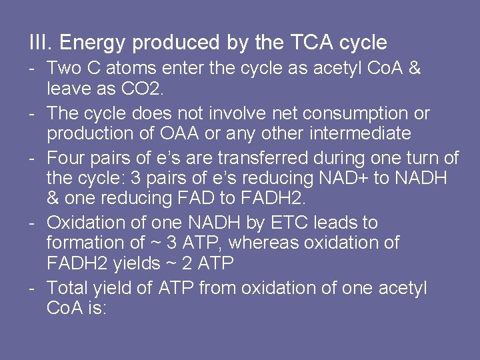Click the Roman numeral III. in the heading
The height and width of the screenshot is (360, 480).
point(41,43)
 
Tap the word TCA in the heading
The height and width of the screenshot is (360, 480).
point(313,43)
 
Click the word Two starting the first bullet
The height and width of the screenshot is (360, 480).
point(63,69)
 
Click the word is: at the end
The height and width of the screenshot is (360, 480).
point(95,309)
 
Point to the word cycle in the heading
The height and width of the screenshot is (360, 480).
point(363,43)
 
